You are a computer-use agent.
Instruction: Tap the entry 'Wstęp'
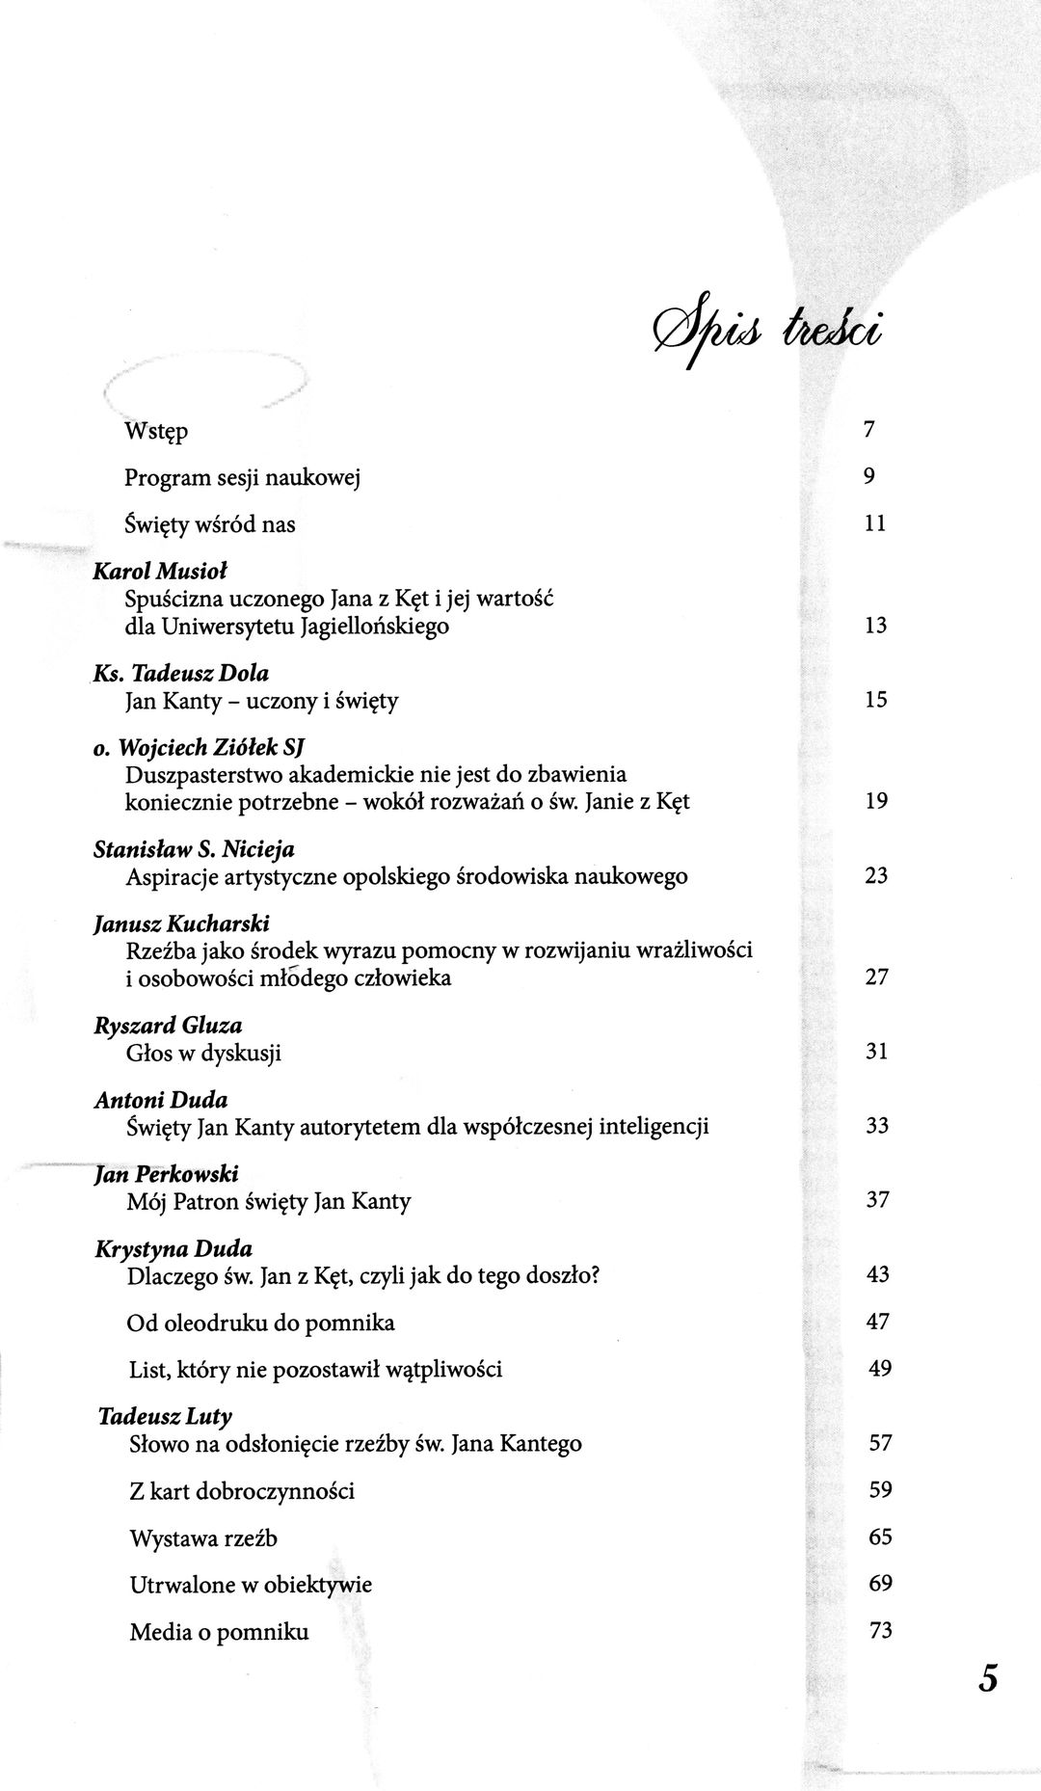[x=156, y=431]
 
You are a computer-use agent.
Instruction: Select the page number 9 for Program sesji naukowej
[x=868, y=476]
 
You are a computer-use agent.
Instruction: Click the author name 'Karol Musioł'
[x=159, y=572]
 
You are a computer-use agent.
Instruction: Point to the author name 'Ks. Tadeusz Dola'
[x=181, y=674]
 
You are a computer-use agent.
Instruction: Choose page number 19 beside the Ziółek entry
[x=876, y=800]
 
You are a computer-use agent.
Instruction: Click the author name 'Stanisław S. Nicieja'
[x=194, y=850]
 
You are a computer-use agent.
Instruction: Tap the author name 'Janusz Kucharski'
[x=181, y=924]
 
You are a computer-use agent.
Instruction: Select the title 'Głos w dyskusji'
[x=203, y=1053]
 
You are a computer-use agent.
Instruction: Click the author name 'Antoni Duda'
[x=161, y=1100]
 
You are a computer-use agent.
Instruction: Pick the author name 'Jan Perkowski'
[x=167, y=1174]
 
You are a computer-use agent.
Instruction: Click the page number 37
[x=877, y=1200]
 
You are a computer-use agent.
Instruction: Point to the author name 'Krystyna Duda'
[x=173, y=1249]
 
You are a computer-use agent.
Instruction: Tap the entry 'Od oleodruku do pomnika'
[x=260, y=1323]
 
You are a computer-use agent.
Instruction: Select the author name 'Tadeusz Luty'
[x=165, y=1416]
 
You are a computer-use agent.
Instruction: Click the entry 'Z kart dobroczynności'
[x=242, y=1491]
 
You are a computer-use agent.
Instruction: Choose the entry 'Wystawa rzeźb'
[x=203, y=1538]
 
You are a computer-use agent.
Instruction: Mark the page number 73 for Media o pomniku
[x=880, y=1631]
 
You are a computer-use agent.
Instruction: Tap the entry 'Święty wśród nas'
[x=210, y=524]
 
